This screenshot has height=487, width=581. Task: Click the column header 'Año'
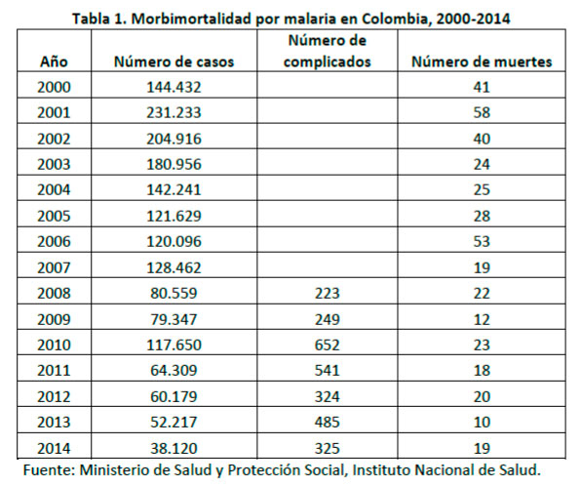(x=54, y=61)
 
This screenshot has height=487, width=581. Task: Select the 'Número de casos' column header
(x=174, y=61)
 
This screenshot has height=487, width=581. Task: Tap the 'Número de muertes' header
(x=482, y=61)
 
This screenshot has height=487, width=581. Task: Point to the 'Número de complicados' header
(x=328, y=51)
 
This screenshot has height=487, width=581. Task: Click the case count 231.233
(x=174, y=112)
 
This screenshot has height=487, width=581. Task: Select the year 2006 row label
(x=54, y=241)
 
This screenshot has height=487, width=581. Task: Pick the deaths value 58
(x=482, y=112)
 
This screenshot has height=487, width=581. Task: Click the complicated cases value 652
(x=328, y=345)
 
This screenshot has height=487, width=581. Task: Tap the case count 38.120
(x=174, y=448)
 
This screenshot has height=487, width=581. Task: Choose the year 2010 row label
(x=54, y=345)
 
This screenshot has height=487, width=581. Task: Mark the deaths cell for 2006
(x=482, y=241)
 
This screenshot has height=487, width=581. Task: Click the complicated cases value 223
(x=328, y=294)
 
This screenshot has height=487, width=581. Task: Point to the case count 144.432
(x=174, y=87)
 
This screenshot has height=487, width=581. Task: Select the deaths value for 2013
(x=482, y=422)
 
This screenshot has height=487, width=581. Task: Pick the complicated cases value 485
(x=328, y=422)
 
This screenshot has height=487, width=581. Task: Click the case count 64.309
(x=174, y=370)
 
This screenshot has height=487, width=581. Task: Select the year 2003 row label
(x=54, y=164)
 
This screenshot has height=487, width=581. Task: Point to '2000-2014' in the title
(x=473, y=19)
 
